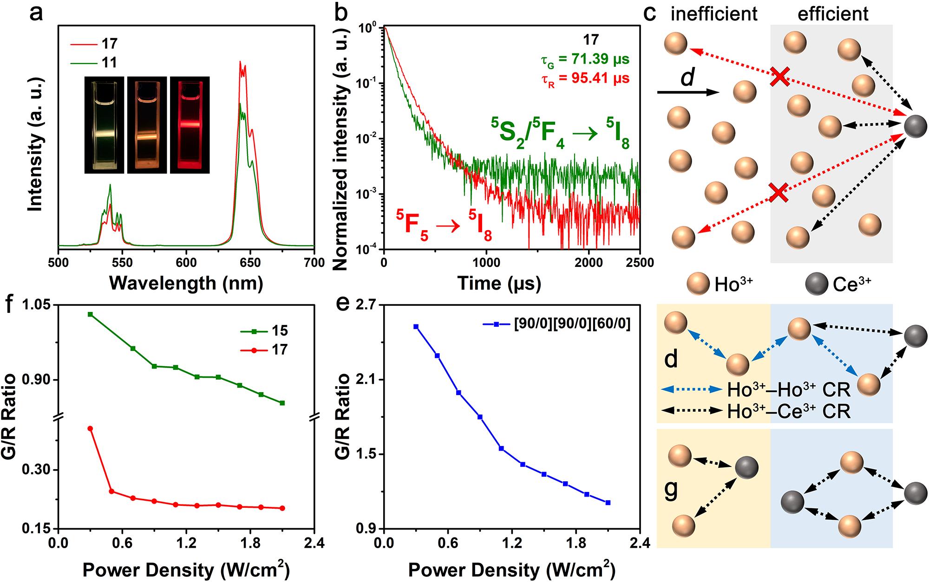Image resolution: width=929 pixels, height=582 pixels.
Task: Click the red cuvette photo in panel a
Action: click(x=190, y=125)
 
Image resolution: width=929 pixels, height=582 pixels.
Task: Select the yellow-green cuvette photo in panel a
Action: click(x=105, y=125)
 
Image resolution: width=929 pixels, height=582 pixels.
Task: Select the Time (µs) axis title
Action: click(x=499, y=283)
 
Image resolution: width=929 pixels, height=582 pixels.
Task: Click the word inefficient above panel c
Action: click(x=714, y=14)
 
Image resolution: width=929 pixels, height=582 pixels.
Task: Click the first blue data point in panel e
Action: click(x=416, y=327)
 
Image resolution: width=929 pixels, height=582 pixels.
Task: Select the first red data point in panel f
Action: click(x=91, y=428)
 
